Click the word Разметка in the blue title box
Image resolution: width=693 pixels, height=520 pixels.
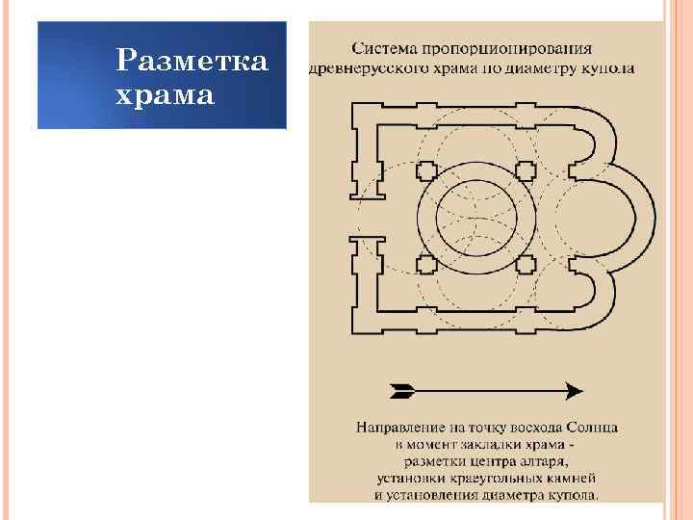[192, 64]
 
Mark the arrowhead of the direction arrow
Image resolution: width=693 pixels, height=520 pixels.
[575, 390]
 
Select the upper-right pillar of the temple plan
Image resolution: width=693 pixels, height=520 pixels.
[525, 172]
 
